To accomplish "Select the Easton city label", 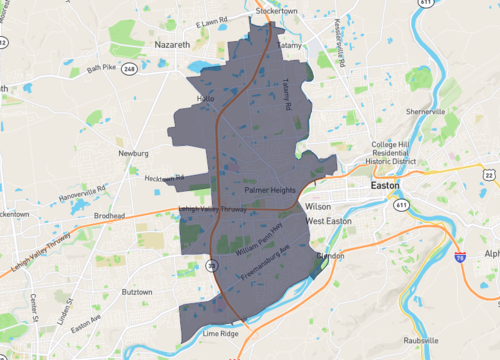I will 384,186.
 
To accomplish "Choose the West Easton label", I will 329,220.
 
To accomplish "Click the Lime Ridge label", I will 220,333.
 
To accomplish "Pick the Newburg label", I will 132,155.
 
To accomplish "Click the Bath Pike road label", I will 101,67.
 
